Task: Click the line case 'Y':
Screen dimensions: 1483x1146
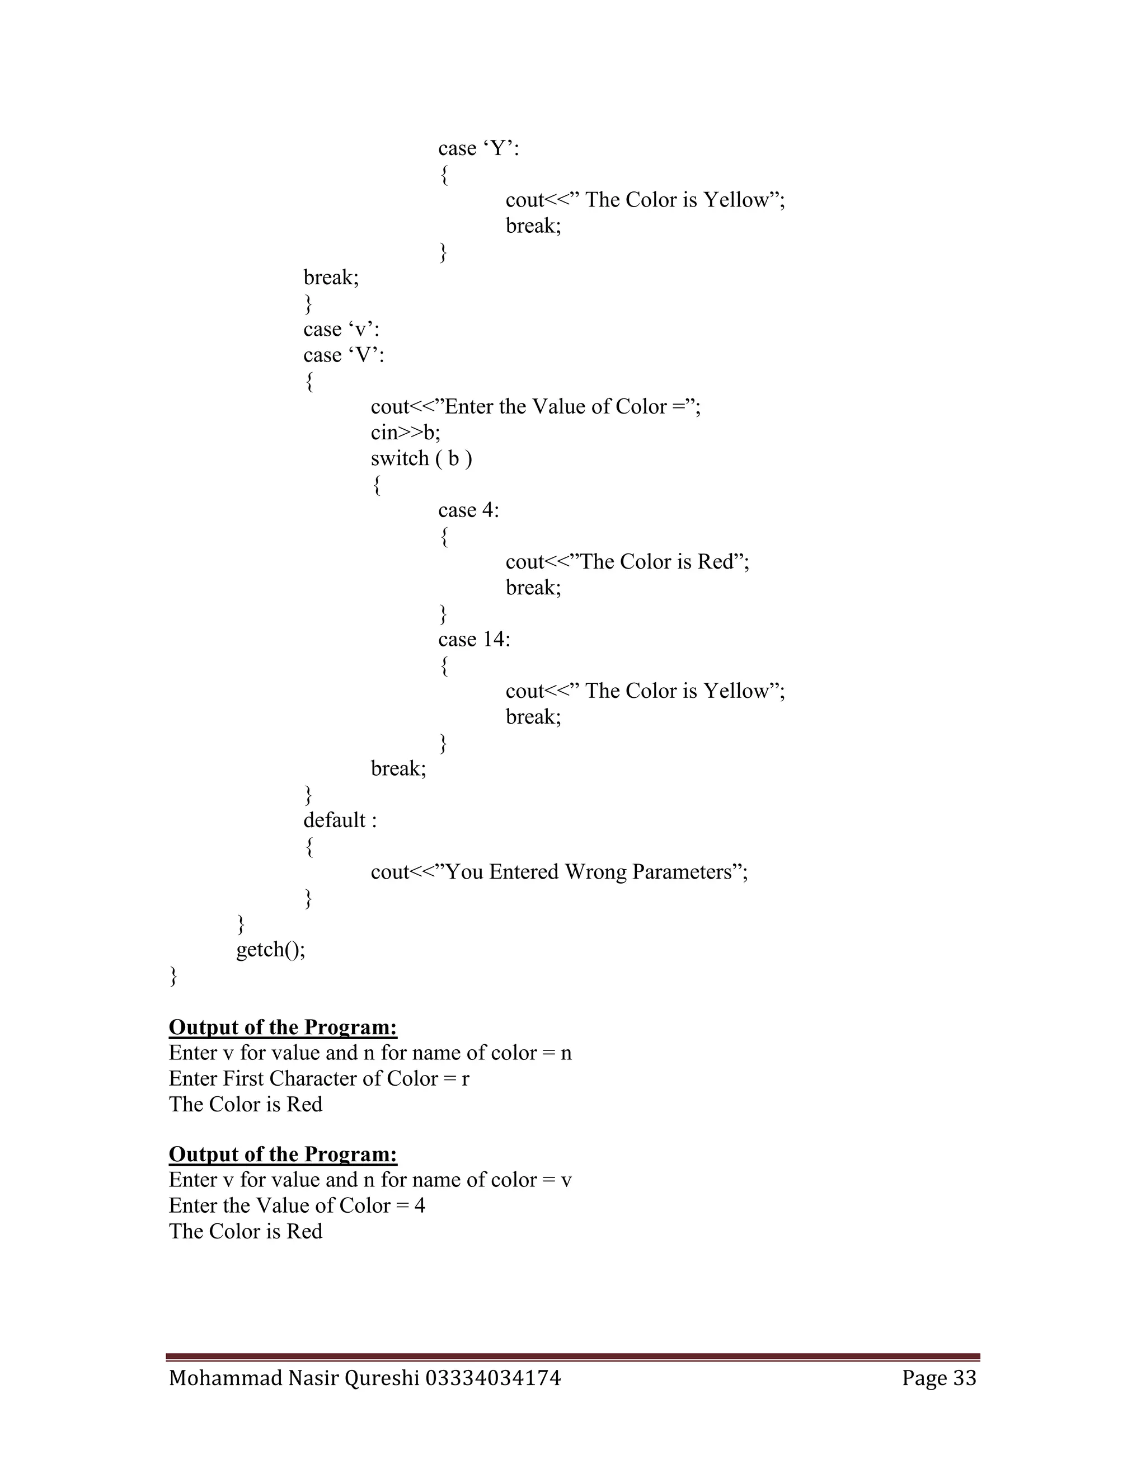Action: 478,149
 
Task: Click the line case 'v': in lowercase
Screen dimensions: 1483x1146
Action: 341,329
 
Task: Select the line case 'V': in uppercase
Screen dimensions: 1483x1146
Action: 344,355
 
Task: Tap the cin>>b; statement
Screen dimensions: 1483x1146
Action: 405,433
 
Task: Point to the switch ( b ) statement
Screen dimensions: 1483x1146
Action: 421,458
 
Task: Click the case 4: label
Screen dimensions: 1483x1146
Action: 468,510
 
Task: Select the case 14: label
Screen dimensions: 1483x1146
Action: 474,640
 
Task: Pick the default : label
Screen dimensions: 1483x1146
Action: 340,820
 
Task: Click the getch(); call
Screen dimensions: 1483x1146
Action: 271,949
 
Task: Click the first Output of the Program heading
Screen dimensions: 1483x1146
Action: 283,1027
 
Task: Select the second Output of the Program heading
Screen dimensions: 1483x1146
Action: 283,1155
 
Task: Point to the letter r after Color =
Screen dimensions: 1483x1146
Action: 465,1079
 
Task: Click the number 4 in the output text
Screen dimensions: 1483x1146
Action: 420,1206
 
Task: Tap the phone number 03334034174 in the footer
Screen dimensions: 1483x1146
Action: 493,1378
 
